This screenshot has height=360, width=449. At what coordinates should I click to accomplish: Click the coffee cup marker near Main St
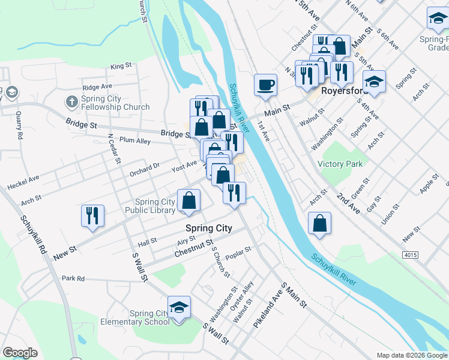(265, 85)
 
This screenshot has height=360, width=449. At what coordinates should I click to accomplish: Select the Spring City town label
(208, 228)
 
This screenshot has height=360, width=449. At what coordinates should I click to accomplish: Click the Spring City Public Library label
(150, 206)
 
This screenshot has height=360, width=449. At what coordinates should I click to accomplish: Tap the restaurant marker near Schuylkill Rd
(92, 216)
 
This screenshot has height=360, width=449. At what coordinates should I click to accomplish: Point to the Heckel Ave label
(23, 182)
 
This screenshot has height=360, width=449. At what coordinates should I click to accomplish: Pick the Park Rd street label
(73, 278)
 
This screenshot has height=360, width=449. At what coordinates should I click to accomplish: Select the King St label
(121, 65)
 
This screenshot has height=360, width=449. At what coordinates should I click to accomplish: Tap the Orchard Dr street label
(145, 169)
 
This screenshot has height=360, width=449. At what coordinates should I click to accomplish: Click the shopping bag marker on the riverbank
(320, 223)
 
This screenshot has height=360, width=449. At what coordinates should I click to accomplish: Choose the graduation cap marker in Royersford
(374, 81)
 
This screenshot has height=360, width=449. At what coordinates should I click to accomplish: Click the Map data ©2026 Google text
(411, 355)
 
